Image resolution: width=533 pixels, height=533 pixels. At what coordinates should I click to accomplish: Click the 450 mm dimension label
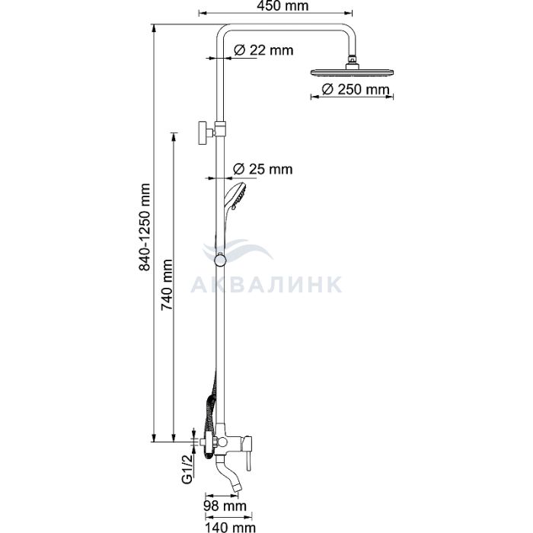click(x=282, y=6)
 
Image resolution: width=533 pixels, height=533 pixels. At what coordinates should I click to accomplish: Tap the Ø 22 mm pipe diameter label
click(x=263, y=50)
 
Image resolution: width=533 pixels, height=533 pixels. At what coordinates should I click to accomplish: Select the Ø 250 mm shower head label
click(x=356, y=89)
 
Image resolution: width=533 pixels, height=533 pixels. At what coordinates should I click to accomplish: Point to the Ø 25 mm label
click(x=263, y=169)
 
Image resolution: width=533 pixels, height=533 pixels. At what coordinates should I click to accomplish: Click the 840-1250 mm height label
click(x=145, y=227)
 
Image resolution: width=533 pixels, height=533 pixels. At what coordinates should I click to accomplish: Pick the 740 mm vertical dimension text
click(x=167, y=285)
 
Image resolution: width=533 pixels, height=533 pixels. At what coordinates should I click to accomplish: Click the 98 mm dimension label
click(x=225, y=506)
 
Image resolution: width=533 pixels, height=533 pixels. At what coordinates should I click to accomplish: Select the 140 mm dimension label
click(x=230, y=527)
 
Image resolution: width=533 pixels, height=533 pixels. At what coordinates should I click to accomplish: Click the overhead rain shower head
click(x=352, y=72)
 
